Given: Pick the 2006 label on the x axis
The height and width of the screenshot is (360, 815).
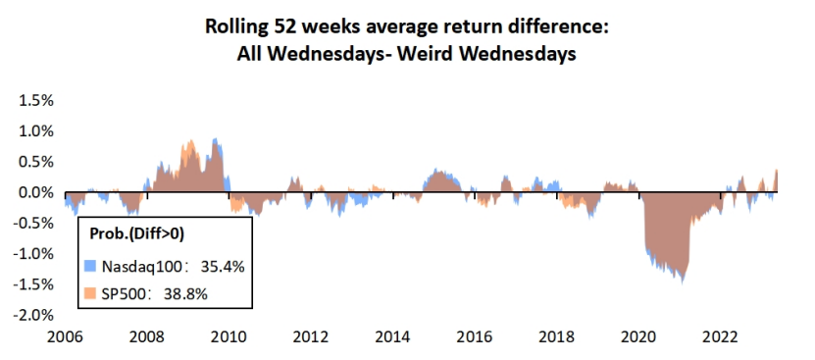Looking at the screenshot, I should tap(63, 337).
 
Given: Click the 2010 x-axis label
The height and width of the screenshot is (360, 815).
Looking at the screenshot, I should tap(228, 337).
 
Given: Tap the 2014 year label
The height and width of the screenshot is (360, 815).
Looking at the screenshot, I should tap(392, 337).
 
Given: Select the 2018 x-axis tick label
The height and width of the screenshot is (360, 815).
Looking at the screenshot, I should tap(556, 337).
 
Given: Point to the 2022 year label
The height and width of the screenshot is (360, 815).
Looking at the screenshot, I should tap(721, 337).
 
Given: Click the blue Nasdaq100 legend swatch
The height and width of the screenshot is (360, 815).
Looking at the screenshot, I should tap(89, 266).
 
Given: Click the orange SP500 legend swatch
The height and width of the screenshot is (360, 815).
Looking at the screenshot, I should tap(89, 293).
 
